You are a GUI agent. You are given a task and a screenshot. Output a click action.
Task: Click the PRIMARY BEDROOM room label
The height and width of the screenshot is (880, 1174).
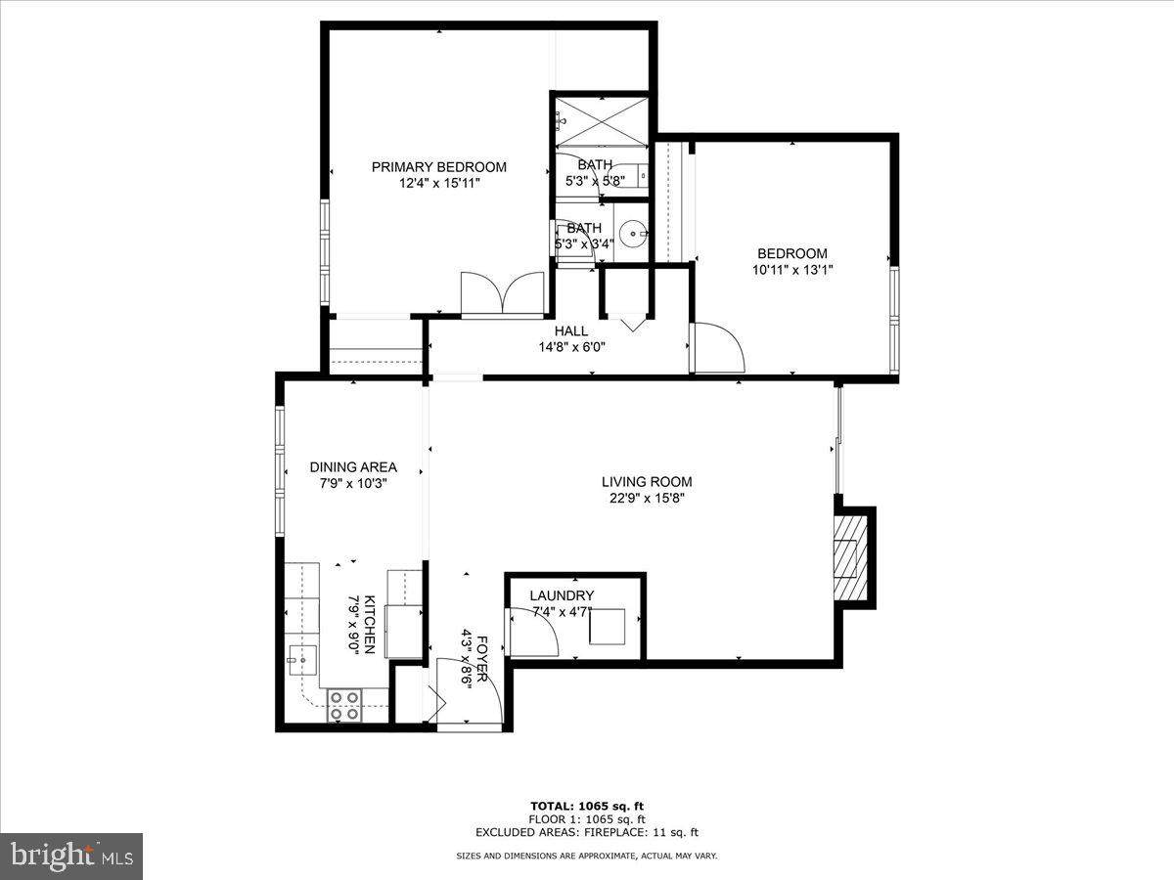438,167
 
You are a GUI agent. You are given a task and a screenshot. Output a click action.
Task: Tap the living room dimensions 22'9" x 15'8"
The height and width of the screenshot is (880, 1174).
647,499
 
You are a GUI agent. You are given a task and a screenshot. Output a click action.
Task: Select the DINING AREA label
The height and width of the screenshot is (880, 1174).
353,467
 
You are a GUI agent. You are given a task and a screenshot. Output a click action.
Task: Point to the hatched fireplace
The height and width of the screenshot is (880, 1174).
850,557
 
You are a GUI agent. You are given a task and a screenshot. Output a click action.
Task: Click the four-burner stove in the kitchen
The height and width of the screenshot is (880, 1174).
344,705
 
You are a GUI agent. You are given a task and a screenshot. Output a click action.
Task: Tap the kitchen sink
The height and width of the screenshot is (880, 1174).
302,660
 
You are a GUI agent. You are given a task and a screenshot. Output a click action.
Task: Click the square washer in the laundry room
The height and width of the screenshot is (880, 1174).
608,626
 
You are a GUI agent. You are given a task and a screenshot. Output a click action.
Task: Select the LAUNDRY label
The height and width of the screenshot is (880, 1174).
562,595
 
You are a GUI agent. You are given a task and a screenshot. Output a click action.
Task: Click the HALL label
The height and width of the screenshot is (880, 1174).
571,331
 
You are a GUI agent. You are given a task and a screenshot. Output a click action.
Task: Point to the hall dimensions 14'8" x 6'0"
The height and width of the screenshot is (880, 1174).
571,348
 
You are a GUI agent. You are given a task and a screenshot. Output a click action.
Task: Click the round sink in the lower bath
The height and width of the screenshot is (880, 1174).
633,234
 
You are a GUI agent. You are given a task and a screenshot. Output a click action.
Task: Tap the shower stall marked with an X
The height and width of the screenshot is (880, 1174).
602,122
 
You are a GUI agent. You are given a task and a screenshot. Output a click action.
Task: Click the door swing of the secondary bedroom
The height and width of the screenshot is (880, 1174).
717,347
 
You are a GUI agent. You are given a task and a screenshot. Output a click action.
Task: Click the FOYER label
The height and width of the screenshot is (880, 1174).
481,659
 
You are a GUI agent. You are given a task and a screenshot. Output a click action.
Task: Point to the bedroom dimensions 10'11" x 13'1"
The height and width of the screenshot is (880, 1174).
792,271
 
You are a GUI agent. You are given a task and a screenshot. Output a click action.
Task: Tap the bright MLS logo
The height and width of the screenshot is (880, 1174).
71,856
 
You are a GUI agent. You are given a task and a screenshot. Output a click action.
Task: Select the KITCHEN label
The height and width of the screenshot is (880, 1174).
370,625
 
